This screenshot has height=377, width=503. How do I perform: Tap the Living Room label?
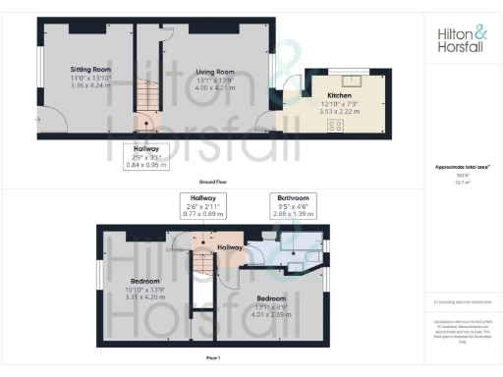coord(215,72)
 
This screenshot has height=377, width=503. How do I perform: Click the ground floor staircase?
coord(146,98)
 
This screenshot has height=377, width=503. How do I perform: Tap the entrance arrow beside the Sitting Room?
coord(37,120)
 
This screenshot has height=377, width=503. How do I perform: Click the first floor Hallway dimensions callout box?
coord(205,204)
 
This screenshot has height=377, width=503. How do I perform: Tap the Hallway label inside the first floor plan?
coord(230,247)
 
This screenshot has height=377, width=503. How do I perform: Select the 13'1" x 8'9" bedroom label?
coord(270,301)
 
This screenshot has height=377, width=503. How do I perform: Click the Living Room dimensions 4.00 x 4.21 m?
coord(215,84)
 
